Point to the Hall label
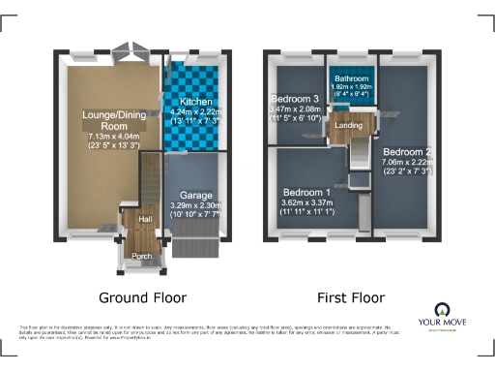click(145, 220)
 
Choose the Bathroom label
click(347, 78)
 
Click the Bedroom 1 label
click(306, 193)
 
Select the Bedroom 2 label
click(406, 152)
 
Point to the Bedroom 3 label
click(295, 100)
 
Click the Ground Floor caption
click(143, 297)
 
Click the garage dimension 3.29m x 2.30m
click(196, 205)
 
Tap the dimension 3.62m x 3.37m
click(306, 203)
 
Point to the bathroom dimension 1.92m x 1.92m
click(347, 88)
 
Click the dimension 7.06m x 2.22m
click(406, 164)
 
